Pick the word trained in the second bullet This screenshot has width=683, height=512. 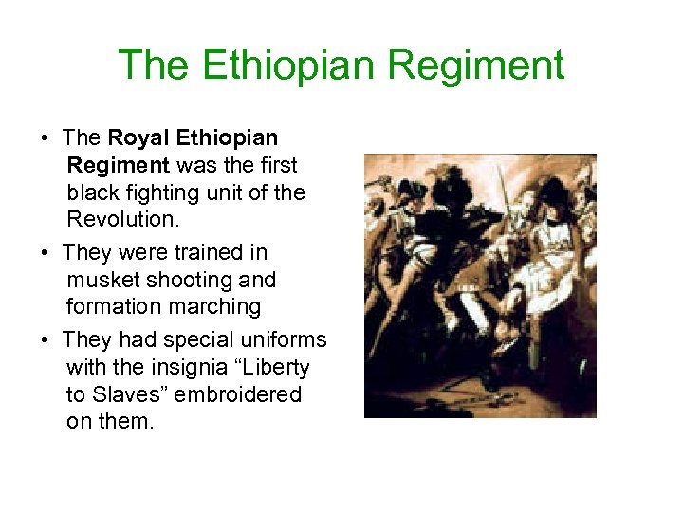point(210,253)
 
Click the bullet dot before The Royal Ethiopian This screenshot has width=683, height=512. point(46,138)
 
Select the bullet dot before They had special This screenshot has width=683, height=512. point(46,340)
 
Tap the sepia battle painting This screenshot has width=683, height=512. point(480,285)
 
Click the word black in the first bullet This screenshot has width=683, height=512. point(91,192)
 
